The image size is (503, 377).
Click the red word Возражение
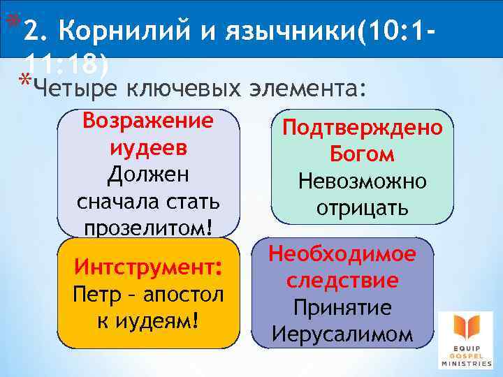(x=148, y=120)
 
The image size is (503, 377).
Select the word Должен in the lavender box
(x=148, y=175)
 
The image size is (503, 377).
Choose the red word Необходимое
(x=342, y=255)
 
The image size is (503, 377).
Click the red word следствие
(x=342, y=281)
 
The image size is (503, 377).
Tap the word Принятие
(x=342, y=308)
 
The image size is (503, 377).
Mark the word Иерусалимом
(x=342, y=334)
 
